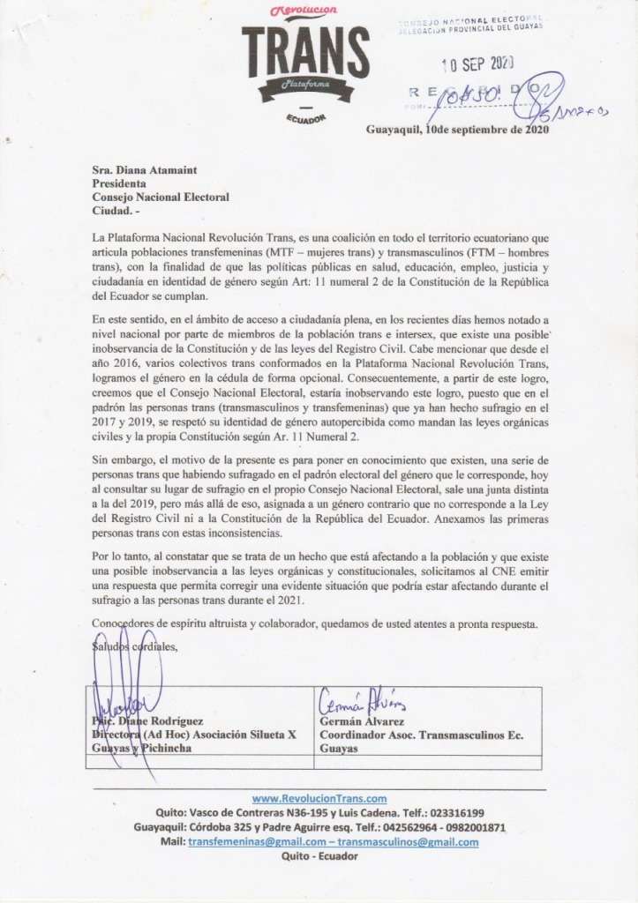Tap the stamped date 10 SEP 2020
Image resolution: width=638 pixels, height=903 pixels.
pos(477,63)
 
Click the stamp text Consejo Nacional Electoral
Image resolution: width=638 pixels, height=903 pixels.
pos(469,19)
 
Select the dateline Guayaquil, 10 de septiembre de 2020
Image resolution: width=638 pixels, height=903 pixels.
pos(457,130)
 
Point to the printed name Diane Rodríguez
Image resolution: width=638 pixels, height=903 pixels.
pos(160,720)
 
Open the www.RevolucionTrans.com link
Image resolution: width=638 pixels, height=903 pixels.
pos(319,798)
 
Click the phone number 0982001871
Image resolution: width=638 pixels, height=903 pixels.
pos(474,827)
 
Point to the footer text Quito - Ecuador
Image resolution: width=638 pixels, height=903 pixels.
pos(319,856)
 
